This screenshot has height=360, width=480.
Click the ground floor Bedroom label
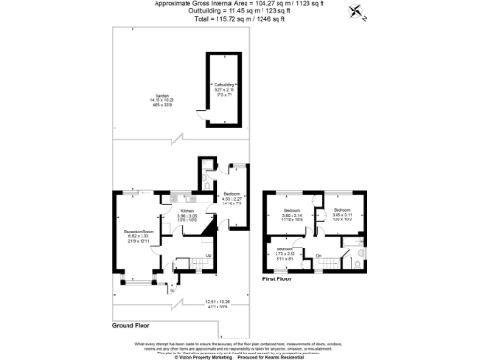pyautogui.click(x=232, y=197)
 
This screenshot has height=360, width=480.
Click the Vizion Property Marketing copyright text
pyautogui.click(x=202, y=355)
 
